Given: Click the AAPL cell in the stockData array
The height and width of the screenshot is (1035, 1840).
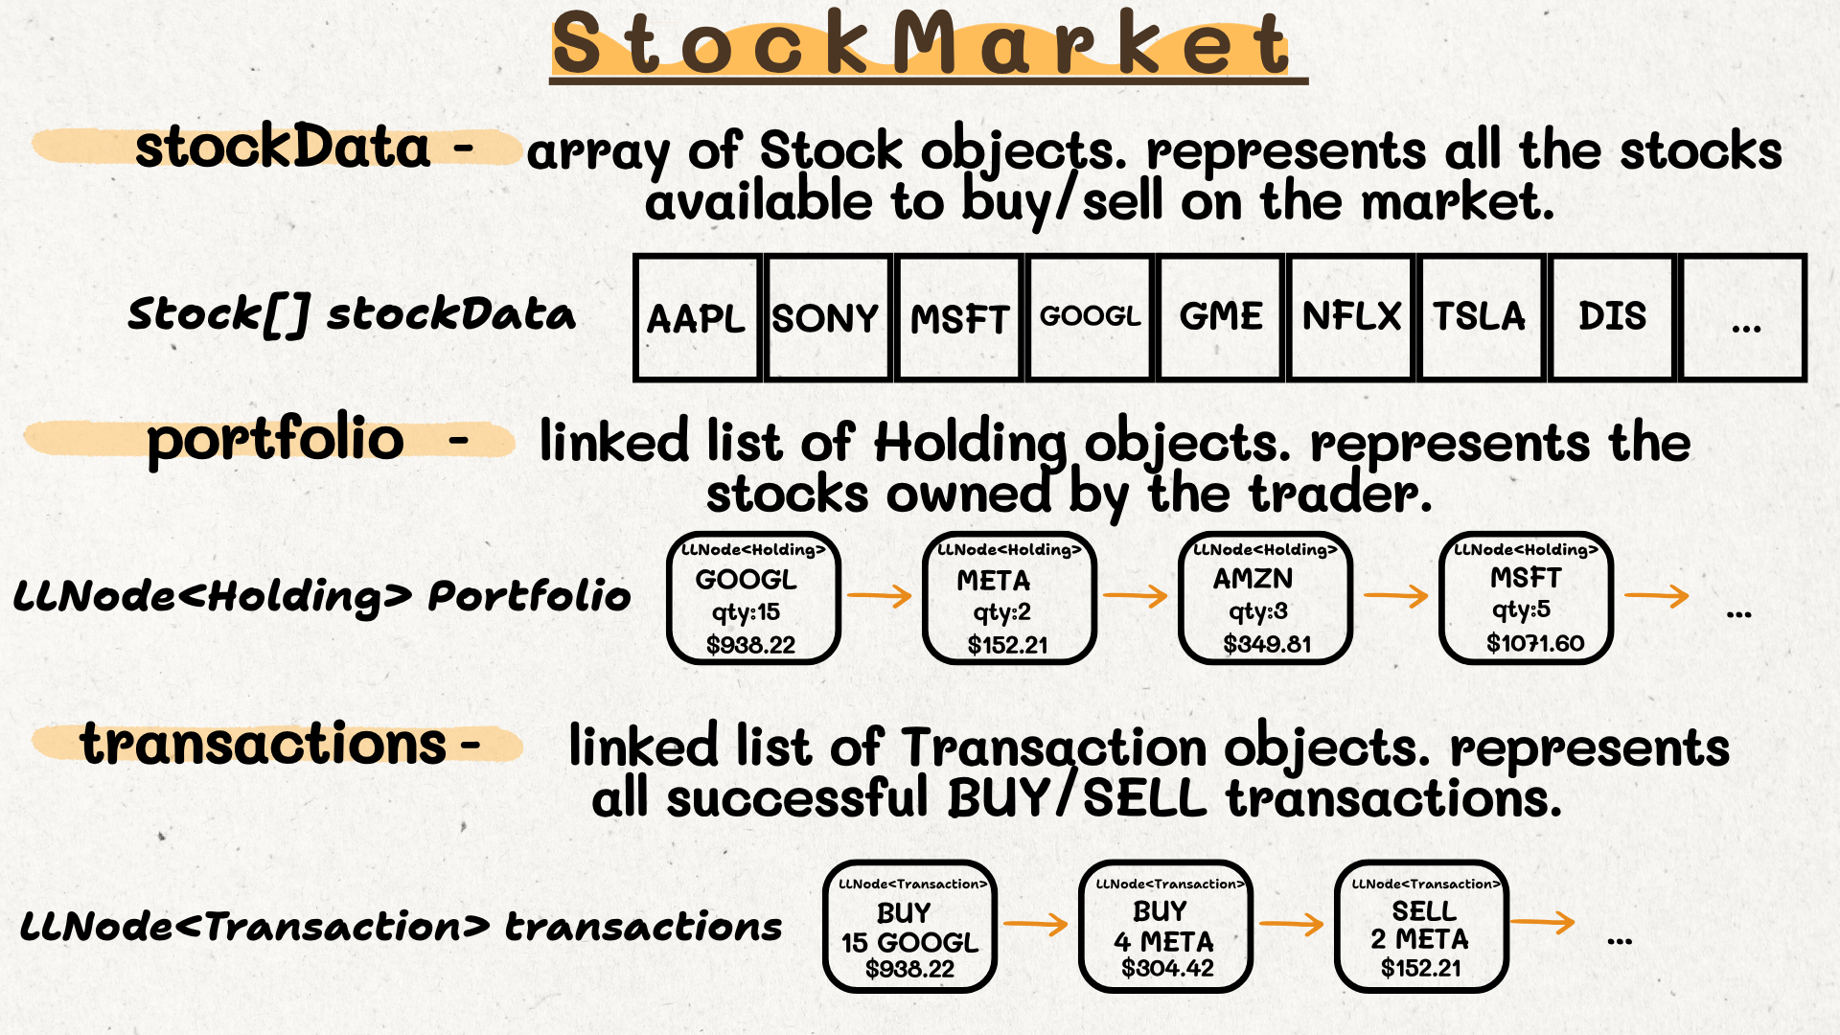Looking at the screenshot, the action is tap(697, 318).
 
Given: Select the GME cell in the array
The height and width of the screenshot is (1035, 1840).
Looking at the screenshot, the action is tap(1220, 318).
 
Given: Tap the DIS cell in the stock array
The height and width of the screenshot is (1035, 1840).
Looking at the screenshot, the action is tap(1612, 318).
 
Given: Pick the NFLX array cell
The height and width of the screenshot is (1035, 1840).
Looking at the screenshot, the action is tap(1351, 318).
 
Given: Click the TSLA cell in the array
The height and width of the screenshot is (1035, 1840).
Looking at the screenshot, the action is tap(1482, 318).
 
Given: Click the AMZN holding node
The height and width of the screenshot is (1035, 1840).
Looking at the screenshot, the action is tap(1265, 598).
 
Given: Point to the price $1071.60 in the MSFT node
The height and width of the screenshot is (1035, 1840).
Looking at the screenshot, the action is tap(1535, 643).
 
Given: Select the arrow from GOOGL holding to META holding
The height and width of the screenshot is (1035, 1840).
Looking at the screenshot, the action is tap(880, 596).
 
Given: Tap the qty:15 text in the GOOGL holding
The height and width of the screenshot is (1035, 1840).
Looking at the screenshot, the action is tap(746, 612).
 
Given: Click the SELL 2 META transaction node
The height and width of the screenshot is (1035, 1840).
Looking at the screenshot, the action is tap(1421, 926).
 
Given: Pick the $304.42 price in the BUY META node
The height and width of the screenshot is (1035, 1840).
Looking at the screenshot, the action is tap(1167, 968).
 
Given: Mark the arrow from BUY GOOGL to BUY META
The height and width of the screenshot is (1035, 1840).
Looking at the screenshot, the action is tap(1036, 924).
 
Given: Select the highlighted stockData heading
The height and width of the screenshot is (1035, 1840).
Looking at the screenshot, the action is tap(283, 147).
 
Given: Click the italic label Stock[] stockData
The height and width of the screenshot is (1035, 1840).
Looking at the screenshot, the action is tap(352, 314).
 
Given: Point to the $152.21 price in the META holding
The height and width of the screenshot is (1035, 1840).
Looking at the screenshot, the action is tap(1007, 645).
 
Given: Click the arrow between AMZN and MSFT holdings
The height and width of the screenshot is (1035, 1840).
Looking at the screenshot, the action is tap(1396, 596).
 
